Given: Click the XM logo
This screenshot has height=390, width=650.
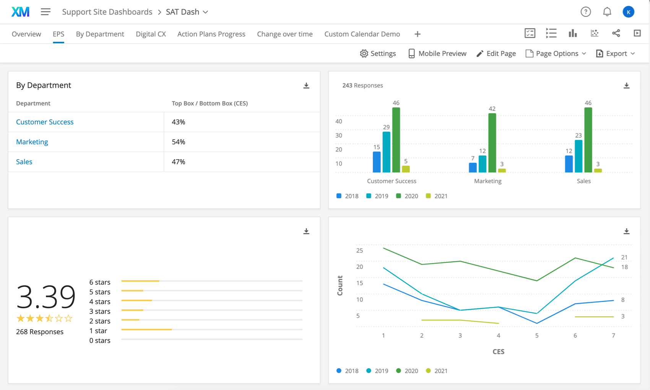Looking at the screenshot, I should click(x=20, y=12).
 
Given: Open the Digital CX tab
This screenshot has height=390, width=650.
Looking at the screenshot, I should click(x=151, y=34).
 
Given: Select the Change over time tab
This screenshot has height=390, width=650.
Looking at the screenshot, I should click(x=284, y=34).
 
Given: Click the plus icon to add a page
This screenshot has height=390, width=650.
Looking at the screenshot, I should click(x=417, y=34).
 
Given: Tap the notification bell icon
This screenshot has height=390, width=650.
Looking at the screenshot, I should click(x=607, y=12).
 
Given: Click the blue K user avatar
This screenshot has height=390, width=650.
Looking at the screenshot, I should click(x=628, y=12).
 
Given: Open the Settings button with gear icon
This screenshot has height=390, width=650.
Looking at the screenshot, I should click(x=378, y=54).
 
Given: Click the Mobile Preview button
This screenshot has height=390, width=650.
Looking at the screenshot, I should click(x=437, y=54).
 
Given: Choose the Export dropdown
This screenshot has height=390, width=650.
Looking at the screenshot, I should click(x=616, y=54).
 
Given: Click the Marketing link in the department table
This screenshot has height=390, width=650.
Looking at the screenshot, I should click(x=32, y=142).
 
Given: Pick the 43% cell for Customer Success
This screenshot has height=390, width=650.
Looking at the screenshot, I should click(x=179, y=122).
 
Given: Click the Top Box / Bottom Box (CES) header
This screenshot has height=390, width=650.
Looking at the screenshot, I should click(x=210, y=103).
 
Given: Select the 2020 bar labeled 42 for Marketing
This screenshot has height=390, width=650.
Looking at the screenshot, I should click(x=492, y=143).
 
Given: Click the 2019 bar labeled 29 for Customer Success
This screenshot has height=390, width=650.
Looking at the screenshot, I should click(x=387, y=152).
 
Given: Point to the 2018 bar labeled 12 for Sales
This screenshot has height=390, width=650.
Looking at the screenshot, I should click(x=569, y=164).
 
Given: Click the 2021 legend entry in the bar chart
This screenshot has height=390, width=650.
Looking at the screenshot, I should click(x=437, y=196).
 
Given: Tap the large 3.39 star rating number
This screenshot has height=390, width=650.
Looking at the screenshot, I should click(x=46, y=296).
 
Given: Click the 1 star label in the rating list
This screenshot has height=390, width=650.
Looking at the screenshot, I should click(x=98, y=331).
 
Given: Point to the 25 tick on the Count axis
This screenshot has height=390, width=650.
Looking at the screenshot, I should click(x=359, y=250).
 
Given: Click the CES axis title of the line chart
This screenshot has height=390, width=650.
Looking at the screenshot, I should click(x=498, y=351).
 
